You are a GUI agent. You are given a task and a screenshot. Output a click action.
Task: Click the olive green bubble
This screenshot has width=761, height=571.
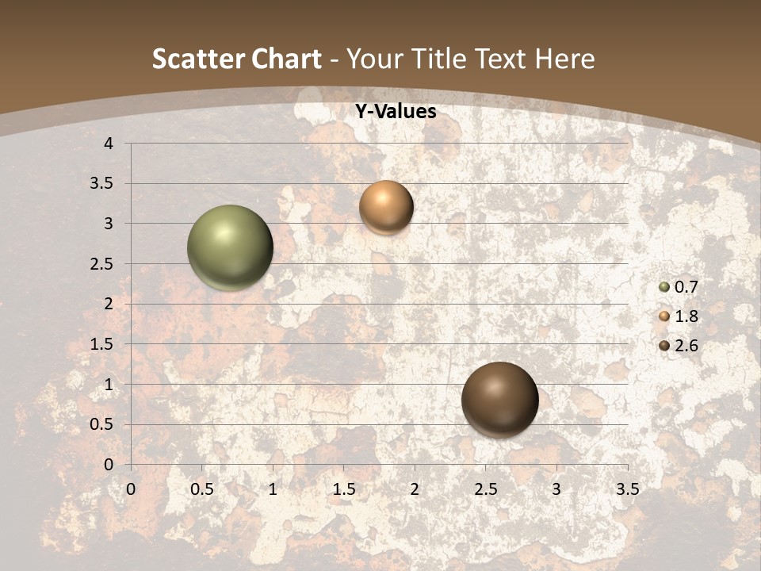pyautogui.click(x=230, y=247)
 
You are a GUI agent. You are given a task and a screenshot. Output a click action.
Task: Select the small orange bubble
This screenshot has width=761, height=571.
pyautogui.click(x=386, y=207)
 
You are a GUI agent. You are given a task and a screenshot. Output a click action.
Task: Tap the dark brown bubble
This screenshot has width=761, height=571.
pyautogui.click(x=499, y=400)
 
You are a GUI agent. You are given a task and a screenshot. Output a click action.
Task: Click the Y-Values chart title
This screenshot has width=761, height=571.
pyautogui.click(x=395, y=112)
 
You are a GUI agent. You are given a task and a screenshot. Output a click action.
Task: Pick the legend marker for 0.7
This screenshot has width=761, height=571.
pyautogui.click(x=664, y=287)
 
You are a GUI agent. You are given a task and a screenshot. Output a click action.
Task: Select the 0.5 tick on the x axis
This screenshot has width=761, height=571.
pyautogui.click(x=202, y=489)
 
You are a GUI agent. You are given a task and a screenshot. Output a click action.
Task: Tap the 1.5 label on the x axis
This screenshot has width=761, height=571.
pyautogui.click(x=343, y=489)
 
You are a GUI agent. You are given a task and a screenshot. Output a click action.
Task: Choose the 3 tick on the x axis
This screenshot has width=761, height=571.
pyautogui.click(x=556, y=489)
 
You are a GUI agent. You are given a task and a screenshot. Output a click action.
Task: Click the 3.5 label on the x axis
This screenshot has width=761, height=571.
pyautogui.click(x=627, y=489)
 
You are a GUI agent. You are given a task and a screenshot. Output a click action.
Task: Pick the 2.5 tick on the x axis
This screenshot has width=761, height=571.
pyautogui.click(x=485, y=489)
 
